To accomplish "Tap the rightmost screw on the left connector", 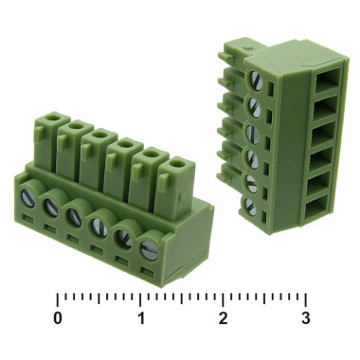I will coord(149,251).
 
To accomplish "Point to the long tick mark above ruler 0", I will coord(59,296).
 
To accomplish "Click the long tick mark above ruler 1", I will coord(141,296).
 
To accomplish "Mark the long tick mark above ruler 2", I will coord(224,296).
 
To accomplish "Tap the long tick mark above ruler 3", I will coord(305,296).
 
